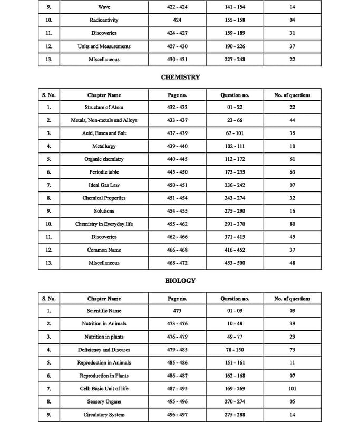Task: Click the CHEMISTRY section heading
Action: (x=180, y=77)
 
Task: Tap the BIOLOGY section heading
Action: (x=180, y=281)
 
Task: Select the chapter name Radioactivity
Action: (x=104, y=20)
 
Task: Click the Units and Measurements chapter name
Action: (x=104, y=46)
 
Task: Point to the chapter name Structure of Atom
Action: (x=104, y=107)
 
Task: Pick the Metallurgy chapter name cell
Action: (x=104, y=146)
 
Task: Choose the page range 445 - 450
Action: (x=177, y=172)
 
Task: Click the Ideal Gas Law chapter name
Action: (x=104, y=185)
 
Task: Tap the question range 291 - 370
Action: (x=235, y=224)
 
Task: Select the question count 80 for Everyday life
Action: (x=293, y=224)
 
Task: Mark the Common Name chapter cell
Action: (x=104, y=250)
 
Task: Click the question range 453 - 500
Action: (x=235, y=263)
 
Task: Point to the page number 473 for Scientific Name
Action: (x=177, y=311)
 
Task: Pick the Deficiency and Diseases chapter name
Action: (x=104, y=350)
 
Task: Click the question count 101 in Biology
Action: (x=293, y=389)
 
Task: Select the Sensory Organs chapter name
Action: (x=104, y=401)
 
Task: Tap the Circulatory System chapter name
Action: (x=104, y=415)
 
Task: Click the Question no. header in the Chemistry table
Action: (x=235, y=95)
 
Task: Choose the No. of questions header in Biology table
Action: (x=293, y=299)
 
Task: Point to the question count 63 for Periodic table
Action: (x=293, y=172)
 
